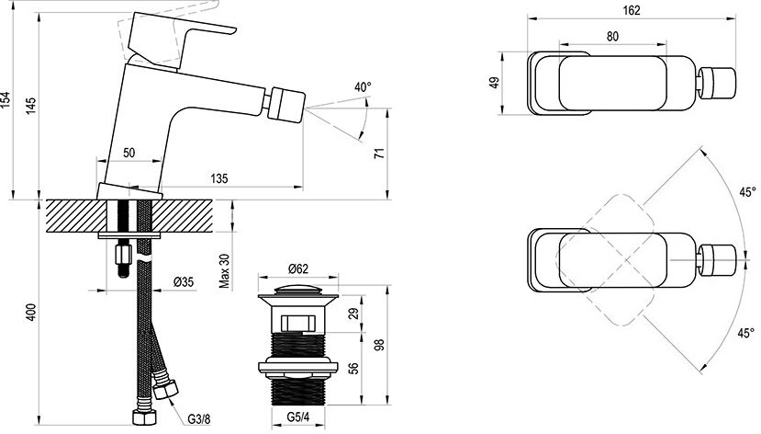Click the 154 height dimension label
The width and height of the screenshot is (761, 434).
click(6, 100)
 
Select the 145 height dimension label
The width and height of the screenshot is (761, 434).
click(30, 106)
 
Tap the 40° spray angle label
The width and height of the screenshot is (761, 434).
click(363, 87)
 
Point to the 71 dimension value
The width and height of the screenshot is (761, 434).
click(380, 153)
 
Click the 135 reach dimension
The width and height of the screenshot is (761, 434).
click(218, 178)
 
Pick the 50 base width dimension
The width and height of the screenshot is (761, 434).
click(129, 153)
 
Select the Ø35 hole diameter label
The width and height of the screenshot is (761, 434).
click(184, 281)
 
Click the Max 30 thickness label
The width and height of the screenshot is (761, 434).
click(224, 270)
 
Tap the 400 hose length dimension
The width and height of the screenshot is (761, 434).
click(30, 313)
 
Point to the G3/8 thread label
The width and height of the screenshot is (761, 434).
click(199, 418)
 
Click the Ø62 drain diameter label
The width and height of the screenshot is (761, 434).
click(298, 268)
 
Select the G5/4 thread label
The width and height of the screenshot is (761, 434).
click(298, 417)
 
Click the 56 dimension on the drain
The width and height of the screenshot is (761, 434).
click(353, 369)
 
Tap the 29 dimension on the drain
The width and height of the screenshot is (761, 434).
click(353, 314)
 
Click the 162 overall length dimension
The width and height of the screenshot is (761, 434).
click(632, 10)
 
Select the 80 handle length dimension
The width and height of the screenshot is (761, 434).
click(612, 37)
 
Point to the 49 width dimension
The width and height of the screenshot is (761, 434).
click(494, 82)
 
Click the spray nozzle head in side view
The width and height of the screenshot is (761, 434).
click(288, 103)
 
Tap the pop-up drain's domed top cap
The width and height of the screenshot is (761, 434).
click(297, 291)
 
